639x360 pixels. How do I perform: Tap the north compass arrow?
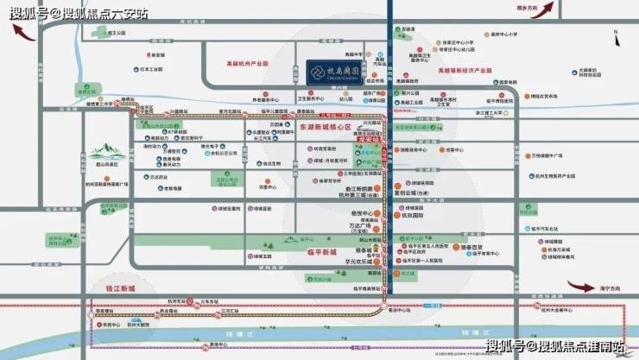coord(615,37)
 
